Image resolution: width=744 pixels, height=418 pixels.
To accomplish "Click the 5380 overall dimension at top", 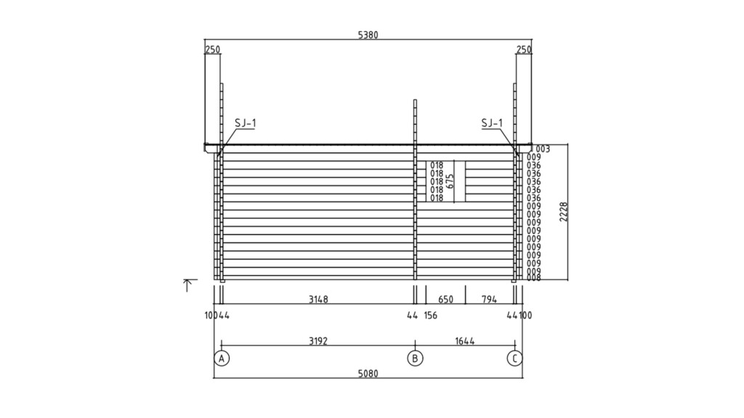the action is coord(368,35).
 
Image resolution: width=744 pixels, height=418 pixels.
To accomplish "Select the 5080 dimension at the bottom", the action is coord(368,374).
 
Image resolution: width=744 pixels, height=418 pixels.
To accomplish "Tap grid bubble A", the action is coord(222,358).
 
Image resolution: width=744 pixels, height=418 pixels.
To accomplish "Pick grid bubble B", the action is coord(415,358).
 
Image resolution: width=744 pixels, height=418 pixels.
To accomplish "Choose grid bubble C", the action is coord(515,358).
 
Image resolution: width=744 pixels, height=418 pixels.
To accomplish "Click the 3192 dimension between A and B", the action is coord(318,341).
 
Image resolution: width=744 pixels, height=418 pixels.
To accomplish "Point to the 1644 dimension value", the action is coord(465,341).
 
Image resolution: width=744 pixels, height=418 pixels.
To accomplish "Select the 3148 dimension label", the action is coord(318,300).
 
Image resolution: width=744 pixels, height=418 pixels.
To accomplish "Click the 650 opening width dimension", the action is coord(445,300).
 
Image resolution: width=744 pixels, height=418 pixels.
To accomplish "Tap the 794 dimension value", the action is coord(489,300).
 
